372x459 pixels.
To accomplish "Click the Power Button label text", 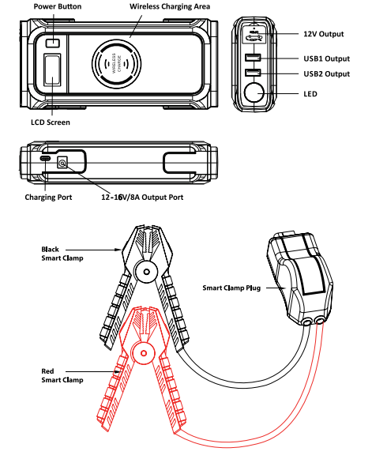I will pyautogui.click(x=58, y=6).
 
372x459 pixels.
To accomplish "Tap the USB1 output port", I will pyautogui.click(x=254, y=58).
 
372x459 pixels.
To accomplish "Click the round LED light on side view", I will pyautogui.click(x=255, y=95).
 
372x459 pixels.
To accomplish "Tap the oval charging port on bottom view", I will pyautogui.click(x=46, y=159).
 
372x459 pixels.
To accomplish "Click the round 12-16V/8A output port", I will pyautogui.click(x=61, y=164).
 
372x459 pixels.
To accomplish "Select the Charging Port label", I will pyautogui.click(x=49, y=197).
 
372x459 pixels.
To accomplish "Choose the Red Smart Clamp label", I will pyautogui.click(x=62, y=374).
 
